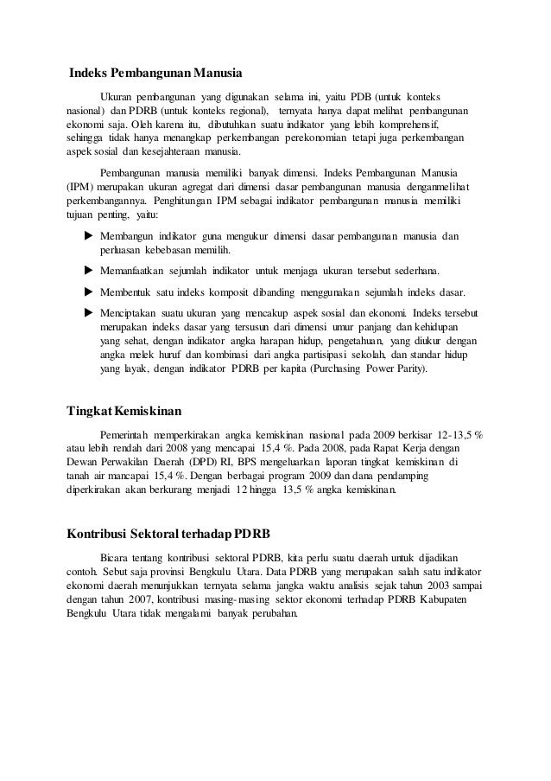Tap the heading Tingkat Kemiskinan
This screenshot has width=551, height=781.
tap(125, 409)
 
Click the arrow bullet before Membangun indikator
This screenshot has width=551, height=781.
tap(86, 236)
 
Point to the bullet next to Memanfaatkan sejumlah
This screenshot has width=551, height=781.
tap(86, 270)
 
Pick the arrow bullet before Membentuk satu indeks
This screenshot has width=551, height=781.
tap(86, 291)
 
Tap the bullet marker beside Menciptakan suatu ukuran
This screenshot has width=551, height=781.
tap(86, 312)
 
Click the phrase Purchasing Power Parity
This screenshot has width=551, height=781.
tap(353, 368)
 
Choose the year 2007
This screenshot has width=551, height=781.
tap(140, 600)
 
